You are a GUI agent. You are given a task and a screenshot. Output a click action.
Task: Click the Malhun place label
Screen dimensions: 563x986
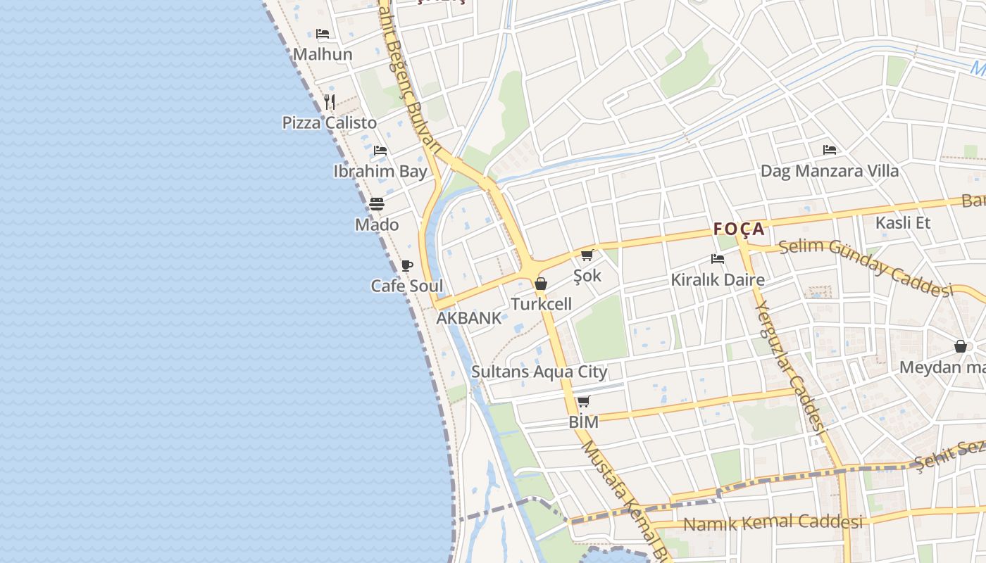(323, 54)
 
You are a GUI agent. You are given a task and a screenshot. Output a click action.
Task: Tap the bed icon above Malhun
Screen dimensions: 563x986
(323, 33)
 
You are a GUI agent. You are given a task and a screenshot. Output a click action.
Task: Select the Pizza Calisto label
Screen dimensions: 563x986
(330, 122)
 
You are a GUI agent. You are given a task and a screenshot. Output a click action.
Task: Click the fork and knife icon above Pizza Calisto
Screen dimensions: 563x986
(330, 101)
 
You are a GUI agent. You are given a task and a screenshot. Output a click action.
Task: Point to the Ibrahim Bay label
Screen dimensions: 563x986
(380, 171)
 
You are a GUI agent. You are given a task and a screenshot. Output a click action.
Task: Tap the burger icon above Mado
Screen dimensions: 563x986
(377, 204)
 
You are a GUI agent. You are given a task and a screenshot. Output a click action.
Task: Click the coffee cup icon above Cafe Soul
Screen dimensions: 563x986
(406, 265)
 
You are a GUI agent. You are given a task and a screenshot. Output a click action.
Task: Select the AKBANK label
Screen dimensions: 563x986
(469, 317)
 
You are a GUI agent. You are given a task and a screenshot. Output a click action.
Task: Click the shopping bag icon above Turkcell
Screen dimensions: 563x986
(541, 284)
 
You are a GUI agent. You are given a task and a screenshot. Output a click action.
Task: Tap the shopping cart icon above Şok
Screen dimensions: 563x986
(587, 255)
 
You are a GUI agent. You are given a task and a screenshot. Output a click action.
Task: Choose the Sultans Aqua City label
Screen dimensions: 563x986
(539, 372)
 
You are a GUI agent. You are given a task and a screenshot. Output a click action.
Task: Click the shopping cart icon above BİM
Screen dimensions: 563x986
(583, 402)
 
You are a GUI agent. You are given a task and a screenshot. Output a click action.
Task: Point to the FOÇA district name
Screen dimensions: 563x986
(739, 229)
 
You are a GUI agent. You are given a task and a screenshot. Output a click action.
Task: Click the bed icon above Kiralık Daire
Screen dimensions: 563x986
(718, 259)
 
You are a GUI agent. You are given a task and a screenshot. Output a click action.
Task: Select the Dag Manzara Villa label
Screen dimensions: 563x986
(830, 171)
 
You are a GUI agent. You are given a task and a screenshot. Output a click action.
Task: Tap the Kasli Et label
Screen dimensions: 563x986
(903, 223)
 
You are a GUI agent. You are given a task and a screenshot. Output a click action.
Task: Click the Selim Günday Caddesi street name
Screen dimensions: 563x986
(866, 267)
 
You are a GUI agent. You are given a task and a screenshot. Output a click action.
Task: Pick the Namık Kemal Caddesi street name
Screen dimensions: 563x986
(773, 523)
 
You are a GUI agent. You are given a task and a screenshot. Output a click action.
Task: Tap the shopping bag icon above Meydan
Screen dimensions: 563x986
(960, 346)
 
